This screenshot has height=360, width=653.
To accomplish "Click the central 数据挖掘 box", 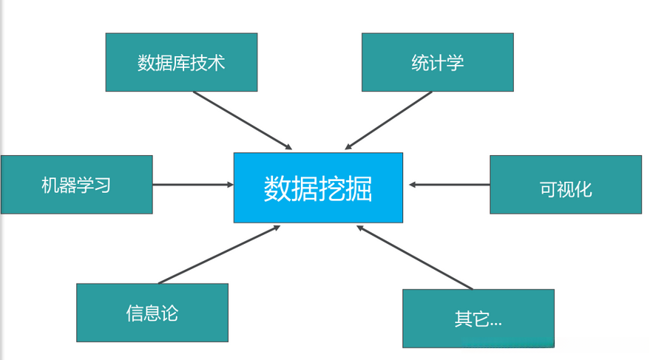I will coord(318,187).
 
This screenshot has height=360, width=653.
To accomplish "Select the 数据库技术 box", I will coord(181,62).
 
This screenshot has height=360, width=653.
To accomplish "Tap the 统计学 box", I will coord(437,62).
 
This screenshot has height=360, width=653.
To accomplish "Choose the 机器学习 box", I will coord(76,184).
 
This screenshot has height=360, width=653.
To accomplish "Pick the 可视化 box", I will coord(566,188).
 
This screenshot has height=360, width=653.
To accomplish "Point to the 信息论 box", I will coord(152,313).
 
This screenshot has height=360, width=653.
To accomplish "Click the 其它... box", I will coord(478,319).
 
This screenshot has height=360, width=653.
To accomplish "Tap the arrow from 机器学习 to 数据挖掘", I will coord(192,184).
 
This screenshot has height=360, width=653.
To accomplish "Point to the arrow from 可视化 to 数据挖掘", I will coord(450,185).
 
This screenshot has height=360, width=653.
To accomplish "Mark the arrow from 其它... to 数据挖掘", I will coord(414,257).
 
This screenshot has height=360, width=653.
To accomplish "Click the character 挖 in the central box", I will coord(332,189).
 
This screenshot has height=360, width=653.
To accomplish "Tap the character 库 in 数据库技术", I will coord(181,63).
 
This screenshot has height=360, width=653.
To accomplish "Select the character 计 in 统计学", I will coord(437,63).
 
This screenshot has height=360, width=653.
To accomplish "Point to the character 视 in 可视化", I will coord(566,189).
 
